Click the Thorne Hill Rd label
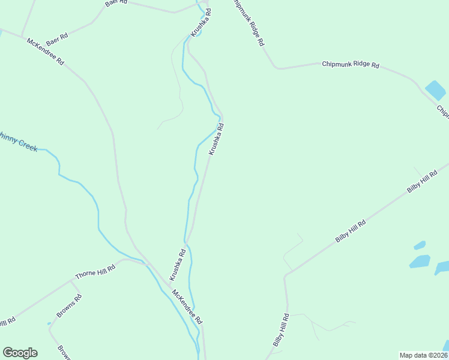point(94,272)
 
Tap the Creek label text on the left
point(18,143)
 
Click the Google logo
point(20,353)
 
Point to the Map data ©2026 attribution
point(423,355)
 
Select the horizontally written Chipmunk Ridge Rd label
point(350,64)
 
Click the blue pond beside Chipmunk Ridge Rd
point(435,91)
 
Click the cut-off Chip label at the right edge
point(442,112)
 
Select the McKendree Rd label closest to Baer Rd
point(46,52)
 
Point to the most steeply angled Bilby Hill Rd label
point(282,330)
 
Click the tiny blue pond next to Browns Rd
point(49,324)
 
